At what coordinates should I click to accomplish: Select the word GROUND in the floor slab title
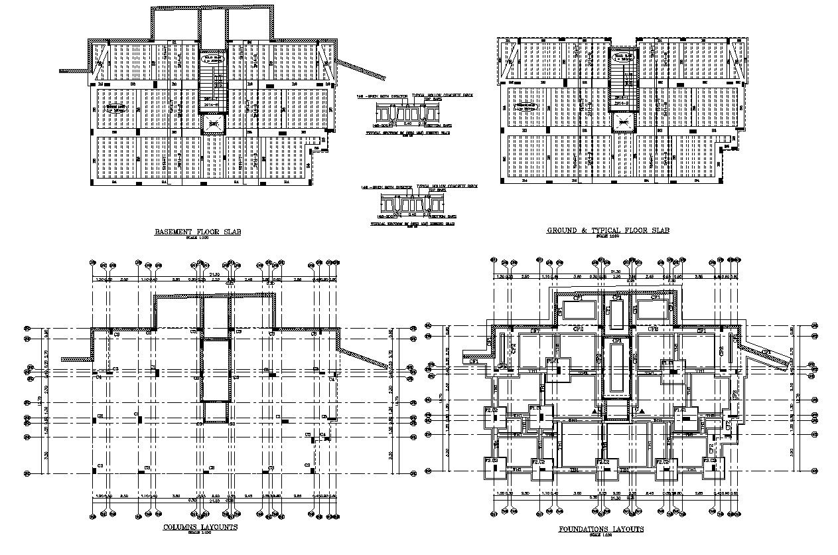coord(565,230)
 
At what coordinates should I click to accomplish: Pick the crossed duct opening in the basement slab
coord(212,124)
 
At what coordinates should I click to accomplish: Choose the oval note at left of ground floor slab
coord(527,106)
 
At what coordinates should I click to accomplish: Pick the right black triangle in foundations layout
coord(642,412)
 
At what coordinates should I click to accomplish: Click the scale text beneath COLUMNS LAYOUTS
coord(200,533)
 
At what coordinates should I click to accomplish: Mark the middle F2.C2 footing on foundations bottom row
coord(603,468)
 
